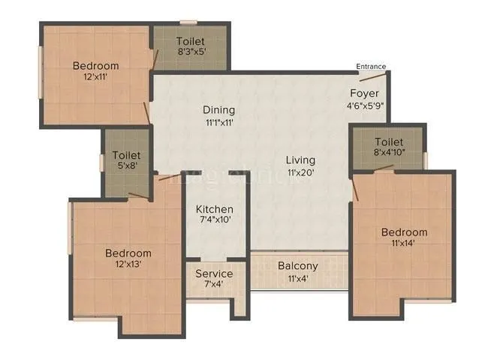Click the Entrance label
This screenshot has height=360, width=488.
(371, 67)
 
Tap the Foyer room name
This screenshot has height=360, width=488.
(364, 94)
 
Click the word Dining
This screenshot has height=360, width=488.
(219, 109)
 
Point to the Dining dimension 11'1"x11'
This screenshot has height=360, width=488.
(219, 122)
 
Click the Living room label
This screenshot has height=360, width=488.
(300, 160)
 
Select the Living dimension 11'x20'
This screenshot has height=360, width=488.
(300, 172)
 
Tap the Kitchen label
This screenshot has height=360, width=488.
(215, 208)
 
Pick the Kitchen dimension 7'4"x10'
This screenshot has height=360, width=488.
(215, 220)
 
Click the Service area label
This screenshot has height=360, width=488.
(214, 274)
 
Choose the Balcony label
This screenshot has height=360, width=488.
(298, 266)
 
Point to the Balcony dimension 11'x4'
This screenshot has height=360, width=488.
(298, 278)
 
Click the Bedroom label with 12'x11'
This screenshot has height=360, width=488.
(95, 66)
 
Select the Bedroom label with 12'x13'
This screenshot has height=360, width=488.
(128, 253)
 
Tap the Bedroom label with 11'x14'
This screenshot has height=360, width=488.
(404, 232)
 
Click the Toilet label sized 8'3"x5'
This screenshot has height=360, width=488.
(191, 40)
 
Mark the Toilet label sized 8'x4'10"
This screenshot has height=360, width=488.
(389, 142)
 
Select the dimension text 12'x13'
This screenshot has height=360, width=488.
(128, 265)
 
